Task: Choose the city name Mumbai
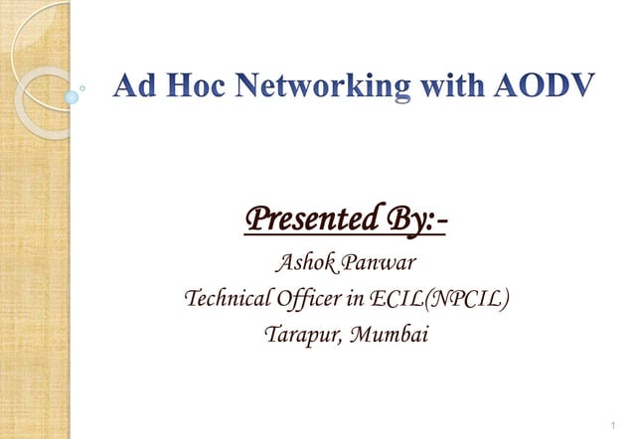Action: click(x=391, y=334)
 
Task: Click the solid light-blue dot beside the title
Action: click(x=72, y=97)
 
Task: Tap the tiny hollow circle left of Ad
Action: click(x=94, y=88)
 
